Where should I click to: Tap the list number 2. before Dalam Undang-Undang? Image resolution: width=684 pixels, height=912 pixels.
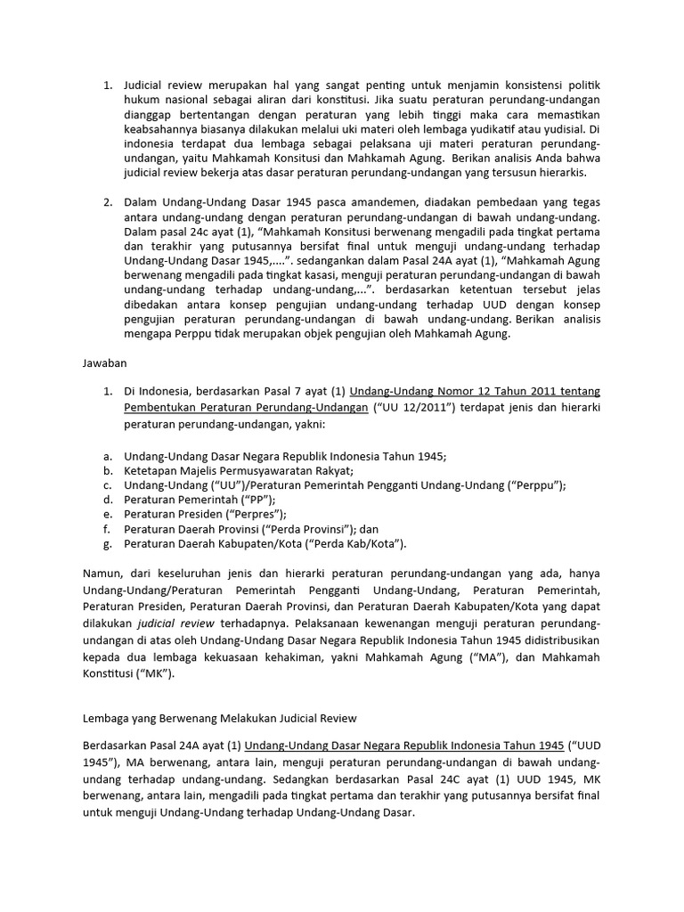[106, 201]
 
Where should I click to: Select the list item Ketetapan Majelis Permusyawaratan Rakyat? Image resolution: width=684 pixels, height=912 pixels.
[239, 470]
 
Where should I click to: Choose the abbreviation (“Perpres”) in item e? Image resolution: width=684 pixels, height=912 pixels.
[253, 514]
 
